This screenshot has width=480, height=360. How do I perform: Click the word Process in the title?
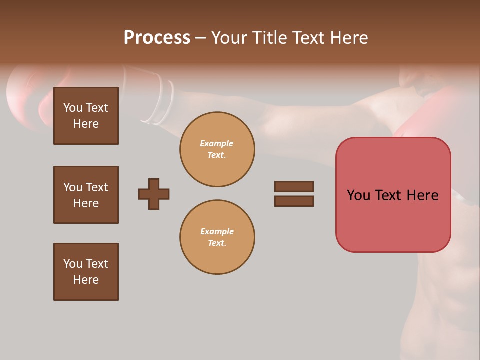pyautogui.click(x=157, y=38)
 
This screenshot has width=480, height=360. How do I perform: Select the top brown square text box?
pyautogui.click(x=86, y=116)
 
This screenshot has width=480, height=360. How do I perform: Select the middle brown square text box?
pyautogui.click(x=86, y=195)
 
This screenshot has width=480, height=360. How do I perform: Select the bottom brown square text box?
pyautogui.click(x=86, y=272)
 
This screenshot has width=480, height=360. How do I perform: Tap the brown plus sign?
pyautogui.click(x=154, y=194)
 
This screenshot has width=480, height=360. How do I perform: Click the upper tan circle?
pyautogui.click(x=217, y=149)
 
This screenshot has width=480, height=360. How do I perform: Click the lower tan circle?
pyautogui.click(x=217, y=237)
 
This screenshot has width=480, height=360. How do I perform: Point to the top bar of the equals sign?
pyautogui.click(x=294, y=186)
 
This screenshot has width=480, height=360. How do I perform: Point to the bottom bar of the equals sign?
pyautogui.click(x=294, y=201)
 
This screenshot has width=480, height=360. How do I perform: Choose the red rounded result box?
pyautogui.click(x=393, y=195)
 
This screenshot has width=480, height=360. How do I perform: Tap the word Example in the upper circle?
pyautogui.click(x=216, y=143)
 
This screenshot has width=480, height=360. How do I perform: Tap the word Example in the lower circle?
pyautogui.click(x=217, y=231)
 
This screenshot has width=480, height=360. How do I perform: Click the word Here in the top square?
pyautogui.click(x=86, y=124)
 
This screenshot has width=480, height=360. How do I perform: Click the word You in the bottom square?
pyautogui.click(x=72, y=264)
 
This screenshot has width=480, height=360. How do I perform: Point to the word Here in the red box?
pyautogui.click(x=422, y=195)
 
